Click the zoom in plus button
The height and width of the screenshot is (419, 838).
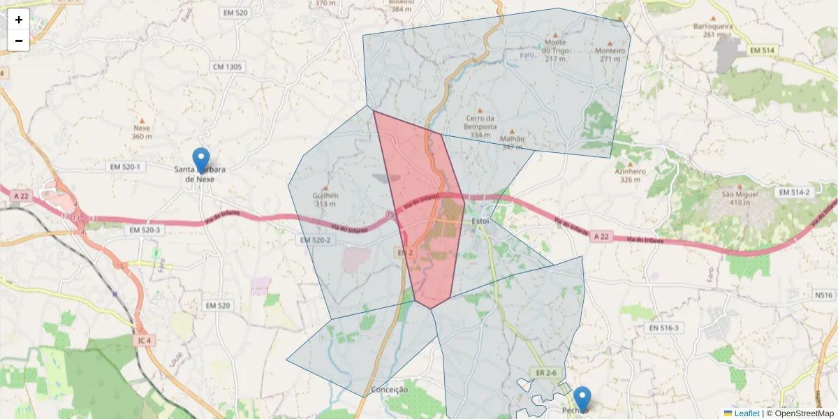(x=19, y=20)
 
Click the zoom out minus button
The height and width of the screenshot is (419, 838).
(x=19, y=41)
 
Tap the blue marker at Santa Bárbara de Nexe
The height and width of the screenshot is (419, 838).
(x=201, y=160)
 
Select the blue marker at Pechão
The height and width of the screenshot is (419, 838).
(x=581, y=399)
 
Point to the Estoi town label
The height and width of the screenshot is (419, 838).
(x=480, y=221)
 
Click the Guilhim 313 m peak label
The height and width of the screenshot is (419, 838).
(x=325, y=200)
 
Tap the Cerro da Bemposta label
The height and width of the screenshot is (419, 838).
(x=480, y=126)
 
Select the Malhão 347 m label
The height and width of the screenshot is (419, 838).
(x=512, y=142)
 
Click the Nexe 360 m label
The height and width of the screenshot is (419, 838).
(x=142, y=132)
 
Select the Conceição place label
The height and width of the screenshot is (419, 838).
(x=390, y=390)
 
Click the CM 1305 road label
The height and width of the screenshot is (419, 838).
(x=227, y=66)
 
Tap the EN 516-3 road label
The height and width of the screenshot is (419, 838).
(x=663, y=328)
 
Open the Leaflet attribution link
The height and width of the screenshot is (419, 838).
(x=746, y=413)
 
